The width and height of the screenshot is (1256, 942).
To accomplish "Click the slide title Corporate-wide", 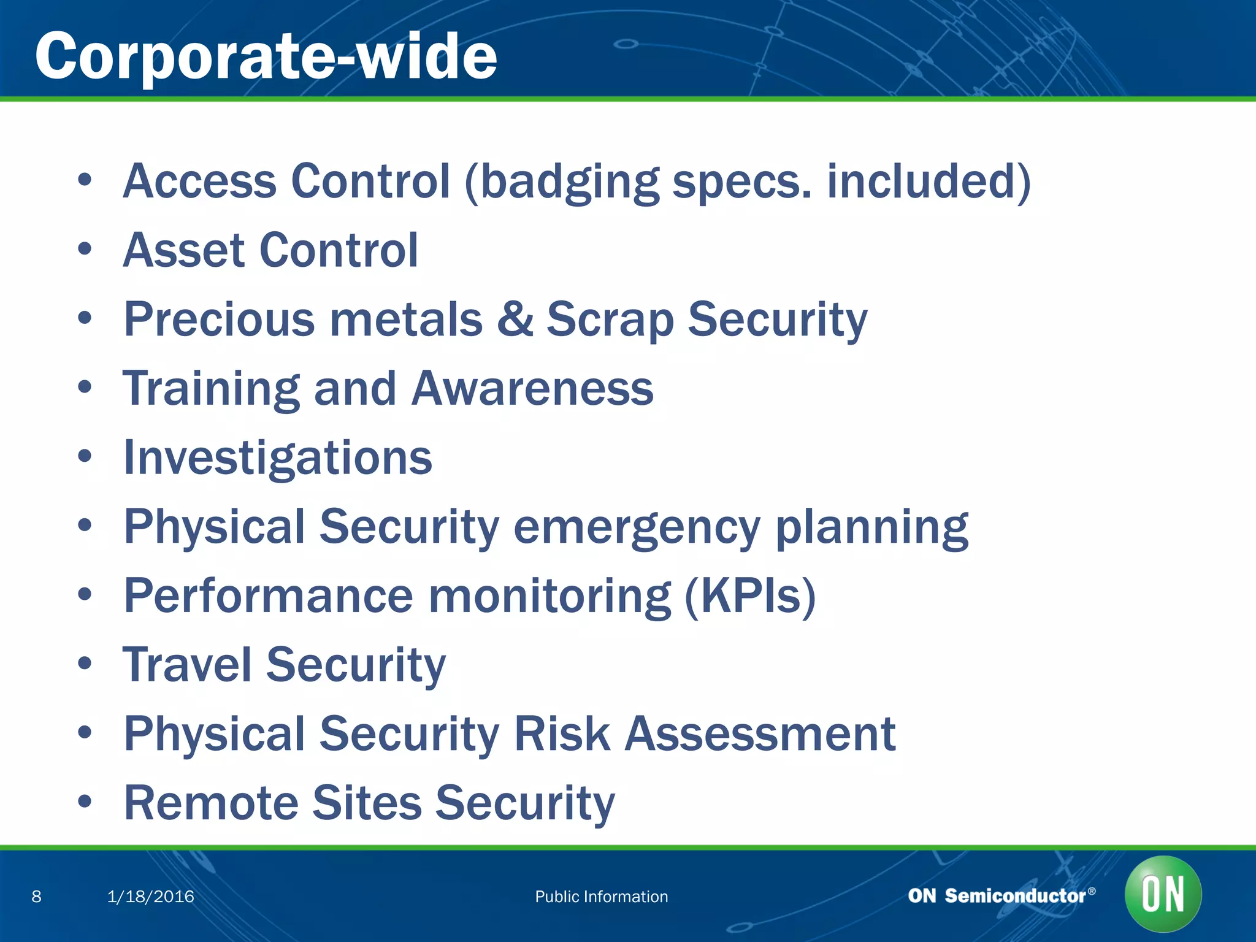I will (x=266, y=56).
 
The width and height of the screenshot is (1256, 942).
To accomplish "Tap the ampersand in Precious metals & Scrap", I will (x=515, y=319).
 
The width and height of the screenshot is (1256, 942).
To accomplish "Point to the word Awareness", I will (x=532, y=389).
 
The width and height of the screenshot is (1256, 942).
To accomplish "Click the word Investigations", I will (x=278, y=458).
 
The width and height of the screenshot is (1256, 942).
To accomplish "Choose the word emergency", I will (x=637, y=527).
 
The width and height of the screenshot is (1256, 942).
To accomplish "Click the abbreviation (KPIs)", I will (x=749, y=596).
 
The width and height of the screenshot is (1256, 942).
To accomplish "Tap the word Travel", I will (x=187, y=665).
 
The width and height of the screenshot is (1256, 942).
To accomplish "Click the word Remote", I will (x=210, y=803).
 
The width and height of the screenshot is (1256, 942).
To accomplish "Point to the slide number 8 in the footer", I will (x=37, y=897).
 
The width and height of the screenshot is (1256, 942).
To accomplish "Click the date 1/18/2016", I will (x=150, y=897).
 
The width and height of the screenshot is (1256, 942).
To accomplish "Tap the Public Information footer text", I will (x=601, y=897).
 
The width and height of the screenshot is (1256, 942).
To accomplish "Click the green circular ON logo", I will (x=1163, y=894).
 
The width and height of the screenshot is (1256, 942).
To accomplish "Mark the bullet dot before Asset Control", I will (x=85, y=249).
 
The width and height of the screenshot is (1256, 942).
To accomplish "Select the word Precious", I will (x=220, y=319).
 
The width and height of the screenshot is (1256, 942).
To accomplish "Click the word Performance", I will (x=269, y=596).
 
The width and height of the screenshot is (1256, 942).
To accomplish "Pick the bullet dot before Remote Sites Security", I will (x=85, y=801).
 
